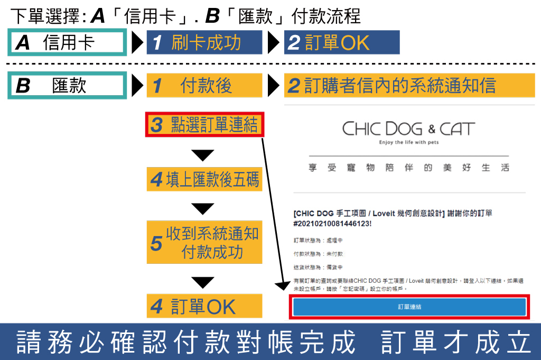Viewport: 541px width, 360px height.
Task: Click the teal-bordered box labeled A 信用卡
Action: click(x=68, y=43)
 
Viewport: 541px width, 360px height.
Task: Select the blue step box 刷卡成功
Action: click(x=204, y=43)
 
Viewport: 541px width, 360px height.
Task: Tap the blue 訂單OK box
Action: click(x=341, y=43)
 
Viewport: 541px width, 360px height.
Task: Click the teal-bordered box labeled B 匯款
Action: click(x=68, y=86)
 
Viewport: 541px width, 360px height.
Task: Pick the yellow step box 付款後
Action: click(x=204, y=86)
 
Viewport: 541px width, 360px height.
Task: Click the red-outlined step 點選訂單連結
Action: click(x=204, y=125)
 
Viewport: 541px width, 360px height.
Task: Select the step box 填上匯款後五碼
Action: click(x=204, y=180)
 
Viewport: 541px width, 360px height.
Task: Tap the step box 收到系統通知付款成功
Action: click(x=204, y=243)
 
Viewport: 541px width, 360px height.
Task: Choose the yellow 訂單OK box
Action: click(x=204, y=307)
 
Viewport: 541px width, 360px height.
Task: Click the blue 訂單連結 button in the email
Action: click(x=409, y=307)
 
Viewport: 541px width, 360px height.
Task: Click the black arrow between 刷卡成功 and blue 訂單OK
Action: click(x=273, y=43)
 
